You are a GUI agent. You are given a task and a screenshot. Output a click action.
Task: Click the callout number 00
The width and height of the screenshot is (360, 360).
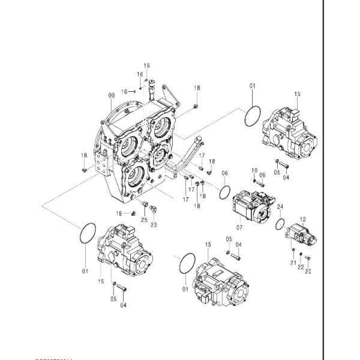coord(111,96)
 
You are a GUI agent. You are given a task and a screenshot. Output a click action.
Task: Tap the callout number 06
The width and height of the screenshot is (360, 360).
coord(224,174)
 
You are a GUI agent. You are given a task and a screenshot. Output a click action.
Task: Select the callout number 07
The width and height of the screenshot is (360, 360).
coord(239,227)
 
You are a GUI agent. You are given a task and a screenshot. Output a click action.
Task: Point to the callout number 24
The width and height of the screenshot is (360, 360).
coord(280,207)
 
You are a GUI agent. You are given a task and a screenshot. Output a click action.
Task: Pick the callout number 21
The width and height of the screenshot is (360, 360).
coord(293,263)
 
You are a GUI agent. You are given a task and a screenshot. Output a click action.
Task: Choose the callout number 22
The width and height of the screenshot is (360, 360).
coord(301,267)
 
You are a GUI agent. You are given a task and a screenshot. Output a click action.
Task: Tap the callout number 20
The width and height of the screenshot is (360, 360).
coord(308,271)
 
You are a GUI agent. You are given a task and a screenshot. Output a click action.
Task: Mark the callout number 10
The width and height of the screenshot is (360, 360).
coord(254,170)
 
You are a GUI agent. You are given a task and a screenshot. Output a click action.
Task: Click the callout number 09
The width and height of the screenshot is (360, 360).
coord(262,175)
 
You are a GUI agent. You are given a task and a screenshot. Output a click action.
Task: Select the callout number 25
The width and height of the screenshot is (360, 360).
coord(144,220)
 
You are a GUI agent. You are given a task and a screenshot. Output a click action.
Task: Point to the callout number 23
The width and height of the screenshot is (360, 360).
coord(154,225)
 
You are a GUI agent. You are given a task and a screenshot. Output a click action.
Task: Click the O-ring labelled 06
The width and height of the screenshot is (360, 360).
coord(224,192)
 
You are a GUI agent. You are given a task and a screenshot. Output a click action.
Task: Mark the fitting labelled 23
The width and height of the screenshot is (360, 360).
coord(154,209)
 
